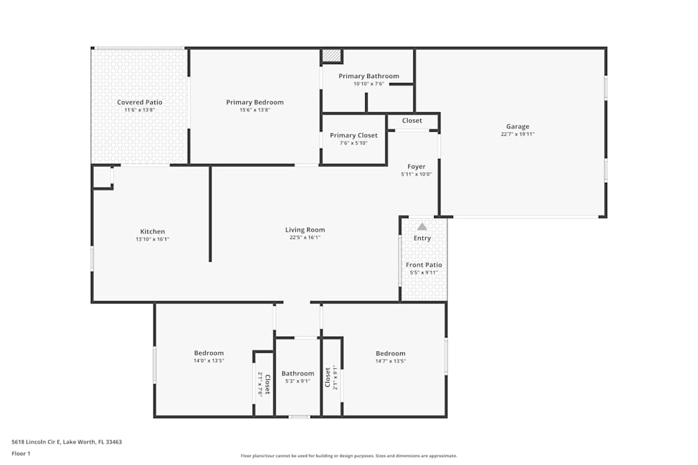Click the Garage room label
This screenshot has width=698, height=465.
coord(517,126)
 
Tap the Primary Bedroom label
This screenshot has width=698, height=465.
coord(255,102)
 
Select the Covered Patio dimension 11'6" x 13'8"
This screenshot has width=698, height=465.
coord(139,110)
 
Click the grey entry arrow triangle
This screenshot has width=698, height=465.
coord(422,227)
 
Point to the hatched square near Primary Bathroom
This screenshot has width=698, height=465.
coord(332,56)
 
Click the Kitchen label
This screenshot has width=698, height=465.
coord(152,231)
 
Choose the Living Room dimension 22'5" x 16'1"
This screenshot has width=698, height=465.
coord(305,238)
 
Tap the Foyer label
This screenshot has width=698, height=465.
coord(417,167)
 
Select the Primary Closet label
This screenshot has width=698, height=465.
coord(354,135)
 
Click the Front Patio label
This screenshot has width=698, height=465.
coord(424,265)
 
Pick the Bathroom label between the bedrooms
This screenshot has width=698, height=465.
coord(298,373)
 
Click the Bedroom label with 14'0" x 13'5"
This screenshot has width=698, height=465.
coord(209,353)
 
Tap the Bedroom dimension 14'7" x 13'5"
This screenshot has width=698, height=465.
coord(390,361)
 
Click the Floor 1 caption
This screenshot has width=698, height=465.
coord(21,453)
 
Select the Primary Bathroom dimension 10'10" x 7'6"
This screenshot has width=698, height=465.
coord(369,84)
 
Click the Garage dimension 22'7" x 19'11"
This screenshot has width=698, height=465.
coord(517,134)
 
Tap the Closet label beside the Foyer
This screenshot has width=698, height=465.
coord(412,121)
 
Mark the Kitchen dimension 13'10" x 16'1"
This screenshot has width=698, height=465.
coord(152,239)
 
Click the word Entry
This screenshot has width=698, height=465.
coord(422,238)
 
